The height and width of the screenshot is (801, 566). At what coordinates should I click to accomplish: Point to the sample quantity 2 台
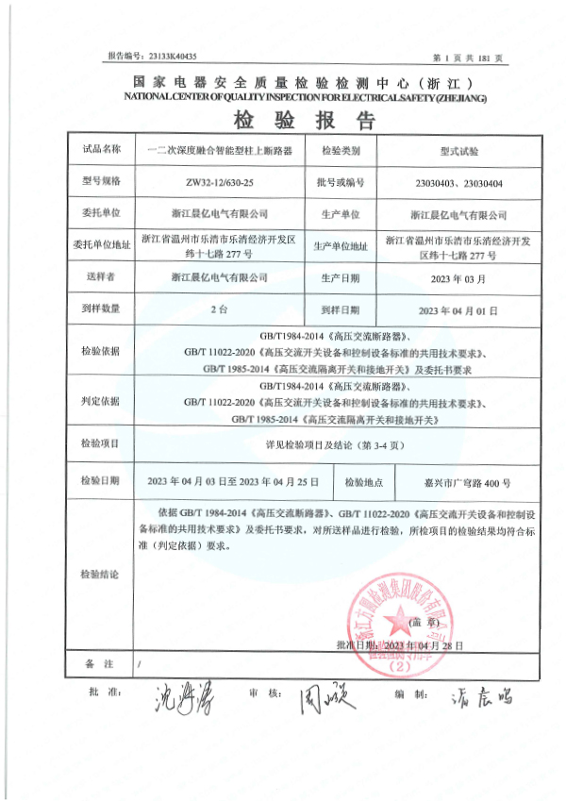coord(218,309)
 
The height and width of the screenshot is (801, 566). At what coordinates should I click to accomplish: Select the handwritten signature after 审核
coord(324,698)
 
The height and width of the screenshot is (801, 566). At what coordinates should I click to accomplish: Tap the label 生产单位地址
coord(342,246)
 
